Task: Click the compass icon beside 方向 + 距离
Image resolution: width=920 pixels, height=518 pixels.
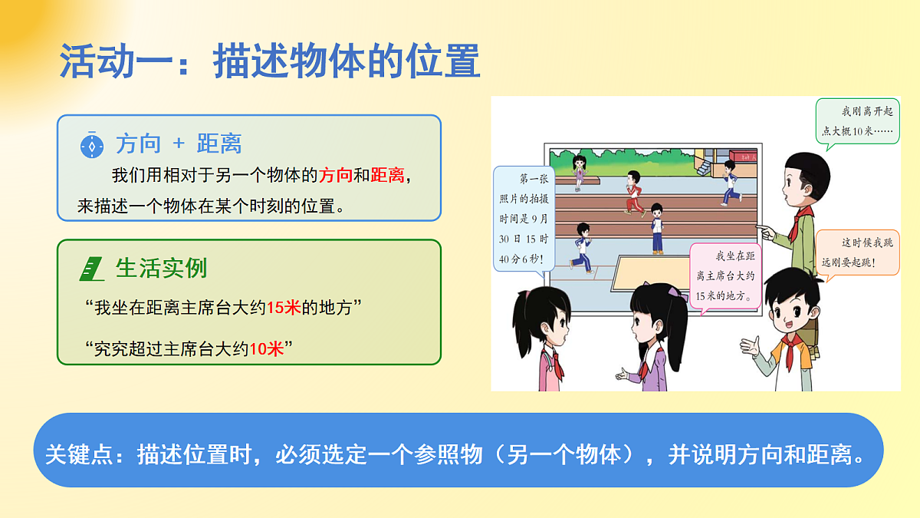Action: [x=92, y=144]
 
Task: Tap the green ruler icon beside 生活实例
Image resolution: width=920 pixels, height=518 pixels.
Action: [x=92, y=269]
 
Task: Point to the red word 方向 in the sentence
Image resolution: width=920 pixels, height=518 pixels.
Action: [x=335, y=175]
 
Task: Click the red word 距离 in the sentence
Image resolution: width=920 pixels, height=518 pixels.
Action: [x=387, y=175]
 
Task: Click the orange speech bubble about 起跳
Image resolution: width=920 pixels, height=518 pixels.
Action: [x=857, y=253]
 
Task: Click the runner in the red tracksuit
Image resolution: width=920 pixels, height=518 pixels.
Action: [x=632, y=192]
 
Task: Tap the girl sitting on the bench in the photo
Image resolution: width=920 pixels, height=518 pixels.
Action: [x=580, y=170]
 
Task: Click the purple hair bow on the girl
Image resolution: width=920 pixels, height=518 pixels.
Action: [x=674, y=292]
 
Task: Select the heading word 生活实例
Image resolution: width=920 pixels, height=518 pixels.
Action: [x=161, y=269]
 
